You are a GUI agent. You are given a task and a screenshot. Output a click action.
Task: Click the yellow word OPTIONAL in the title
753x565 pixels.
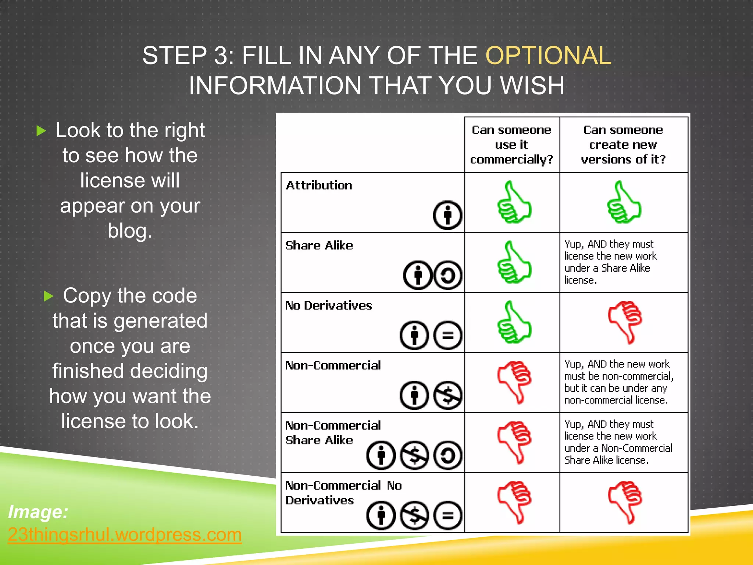(x=548, y=56)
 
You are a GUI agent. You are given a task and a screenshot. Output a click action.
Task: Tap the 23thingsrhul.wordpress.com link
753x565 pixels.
(x=125, y=534)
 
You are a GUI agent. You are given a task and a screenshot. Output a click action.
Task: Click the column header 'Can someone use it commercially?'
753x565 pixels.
(x=511, y=145)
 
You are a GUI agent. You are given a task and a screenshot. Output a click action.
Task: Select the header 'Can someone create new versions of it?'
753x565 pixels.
(x=623, y=145)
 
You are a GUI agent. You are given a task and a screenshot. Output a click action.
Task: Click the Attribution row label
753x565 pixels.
(x=319, y=185)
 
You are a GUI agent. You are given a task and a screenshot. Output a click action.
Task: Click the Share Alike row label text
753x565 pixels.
(x=319, y=245)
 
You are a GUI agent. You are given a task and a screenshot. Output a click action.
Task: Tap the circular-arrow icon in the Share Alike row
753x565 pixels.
(x=447, y=275)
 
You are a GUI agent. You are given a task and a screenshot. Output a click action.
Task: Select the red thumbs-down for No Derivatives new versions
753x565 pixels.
(x=625, y=322)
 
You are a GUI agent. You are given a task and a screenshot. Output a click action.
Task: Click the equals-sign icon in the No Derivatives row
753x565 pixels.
(x=447, y=335)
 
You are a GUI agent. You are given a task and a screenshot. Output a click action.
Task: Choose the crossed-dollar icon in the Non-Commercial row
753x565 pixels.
(x=447, y=395)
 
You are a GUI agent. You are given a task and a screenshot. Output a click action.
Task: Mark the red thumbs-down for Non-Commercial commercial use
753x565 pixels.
(x=514, y=382)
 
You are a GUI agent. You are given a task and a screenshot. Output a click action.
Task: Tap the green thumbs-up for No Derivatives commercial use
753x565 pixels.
(x=514, y=322)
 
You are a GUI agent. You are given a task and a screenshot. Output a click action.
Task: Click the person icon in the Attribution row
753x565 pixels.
(x=447, y=215)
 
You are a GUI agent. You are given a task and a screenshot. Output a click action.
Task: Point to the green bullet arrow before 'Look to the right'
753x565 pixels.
(x=41, y=131)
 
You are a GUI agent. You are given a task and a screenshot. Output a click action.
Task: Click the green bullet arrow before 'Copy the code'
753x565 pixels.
(x=49, y=296)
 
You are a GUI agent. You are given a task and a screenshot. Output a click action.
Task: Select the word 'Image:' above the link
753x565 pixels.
(x=38, y=512)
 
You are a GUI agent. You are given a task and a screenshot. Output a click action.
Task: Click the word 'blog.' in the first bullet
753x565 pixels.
(x=130, y=231)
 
